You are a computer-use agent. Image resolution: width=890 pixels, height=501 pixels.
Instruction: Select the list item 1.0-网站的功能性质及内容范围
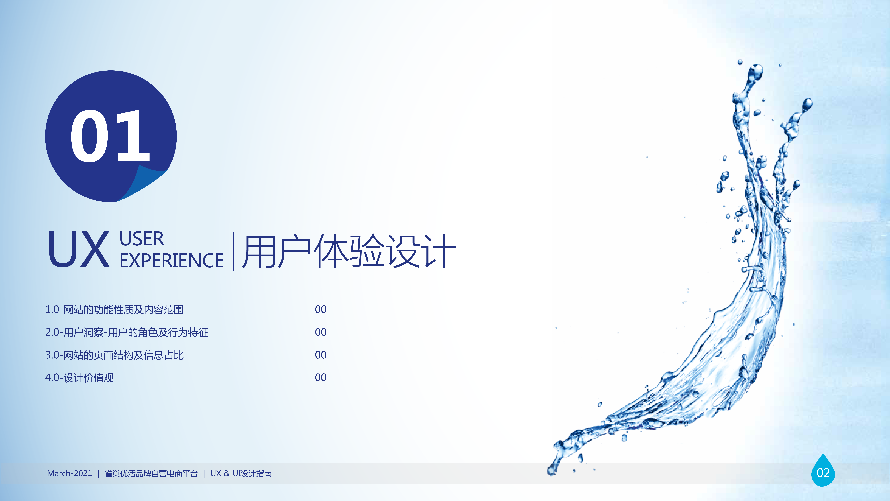click(x=114, y=309)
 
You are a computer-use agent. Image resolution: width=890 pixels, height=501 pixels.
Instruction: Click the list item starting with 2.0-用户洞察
click(x=126, y=332)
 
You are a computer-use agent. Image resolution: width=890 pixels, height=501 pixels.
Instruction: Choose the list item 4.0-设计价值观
click(x=79, y=378)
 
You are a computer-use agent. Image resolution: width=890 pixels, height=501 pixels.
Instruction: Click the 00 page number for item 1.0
click(x=321, y=309)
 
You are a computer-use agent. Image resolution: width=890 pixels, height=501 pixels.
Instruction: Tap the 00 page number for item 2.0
click(x=321, y=332)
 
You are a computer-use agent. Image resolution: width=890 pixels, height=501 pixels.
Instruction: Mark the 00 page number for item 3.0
click(x=321, y=355)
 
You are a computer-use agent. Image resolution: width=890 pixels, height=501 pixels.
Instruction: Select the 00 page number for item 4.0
click(x=321, y=378)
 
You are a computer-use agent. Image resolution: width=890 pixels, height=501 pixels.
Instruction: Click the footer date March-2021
click(x=69, y=473)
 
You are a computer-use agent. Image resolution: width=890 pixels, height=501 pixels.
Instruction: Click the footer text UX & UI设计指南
click(x=241, y=473)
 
